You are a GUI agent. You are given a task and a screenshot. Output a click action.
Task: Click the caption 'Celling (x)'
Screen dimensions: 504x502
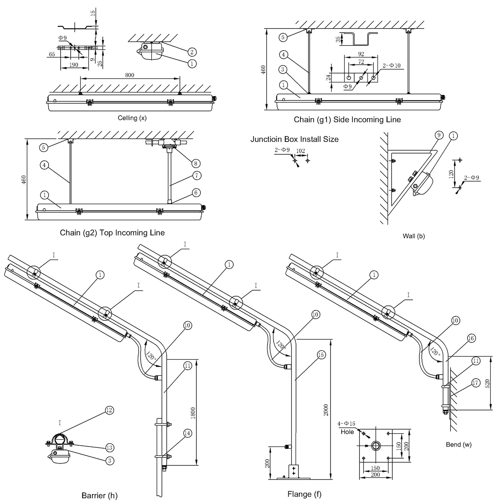132,118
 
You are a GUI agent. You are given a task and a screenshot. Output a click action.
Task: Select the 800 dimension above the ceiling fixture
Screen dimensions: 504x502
130,75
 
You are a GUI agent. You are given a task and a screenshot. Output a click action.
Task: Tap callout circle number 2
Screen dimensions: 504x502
192,51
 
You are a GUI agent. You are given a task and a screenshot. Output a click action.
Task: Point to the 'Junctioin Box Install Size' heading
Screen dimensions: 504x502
294,139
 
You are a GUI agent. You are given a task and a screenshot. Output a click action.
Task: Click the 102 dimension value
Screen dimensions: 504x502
300,151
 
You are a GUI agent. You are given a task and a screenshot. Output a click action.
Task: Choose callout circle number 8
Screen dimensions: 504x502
196,164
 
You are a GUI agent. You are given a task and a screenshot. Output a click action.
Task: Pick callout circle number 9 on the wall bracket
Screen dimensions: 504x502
439,135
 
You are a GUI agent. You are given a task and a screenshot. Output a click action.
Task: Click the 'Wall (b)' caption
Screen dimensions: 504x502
414,236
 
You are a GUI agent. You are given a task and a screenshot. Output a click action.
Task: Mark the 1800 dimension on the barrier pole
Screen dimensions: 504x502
193,413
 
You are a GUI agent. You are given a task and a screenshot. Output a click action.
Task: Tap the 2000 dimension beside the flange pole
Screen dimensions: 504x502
326,410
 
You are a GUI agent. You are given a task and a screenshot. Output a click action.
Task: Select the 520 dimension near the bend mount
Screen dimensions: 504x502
488,383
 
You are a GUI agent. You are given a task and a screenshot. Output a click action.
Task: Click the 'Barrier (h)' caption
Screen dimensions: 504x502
100,496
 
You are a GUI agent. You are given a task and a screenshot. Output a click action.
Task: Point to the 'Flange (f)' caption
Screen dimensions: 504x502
304,494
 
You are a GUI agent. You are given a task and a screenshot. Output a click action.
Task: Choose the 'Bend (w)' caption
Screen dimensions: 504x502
459,445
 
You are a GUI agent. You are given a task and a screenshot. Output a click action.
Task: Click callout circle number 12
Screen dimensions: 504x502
109,410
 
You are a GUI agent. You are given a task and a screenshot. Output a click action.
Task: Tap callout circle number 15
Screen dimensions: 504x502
320,355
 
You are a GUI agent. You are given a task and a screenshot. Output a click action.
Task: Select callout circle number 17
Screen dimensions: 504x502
475,383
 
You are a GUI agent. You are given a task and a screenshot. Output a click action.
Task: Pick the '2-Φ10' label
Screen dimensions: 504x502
392,66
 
